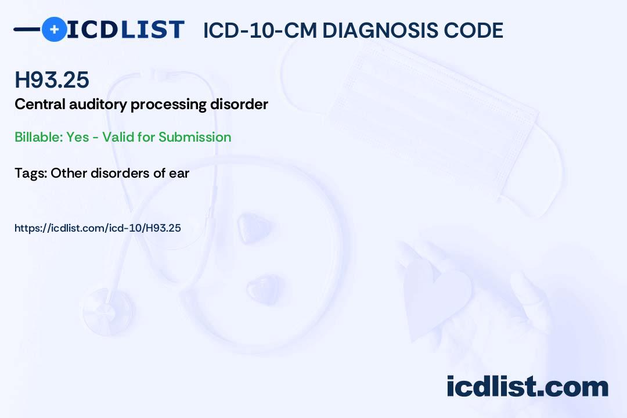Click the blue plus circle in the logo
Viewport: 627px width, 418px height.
pos(54,29)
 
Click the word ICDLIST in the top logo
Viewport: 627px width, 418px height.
pos(125,29)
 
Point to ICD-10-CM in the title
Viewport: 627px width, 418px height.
pos(260,30)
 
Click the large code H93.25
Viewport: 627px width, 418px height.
pos(52,80)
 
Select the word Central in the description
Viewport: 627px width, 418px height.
pos(40,104)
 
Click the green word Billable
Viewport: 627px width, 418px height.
pos(39,137)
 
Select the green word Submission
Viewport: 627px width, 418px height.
pos(194,137)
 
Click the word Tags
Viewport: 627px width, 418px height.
pos(31,173)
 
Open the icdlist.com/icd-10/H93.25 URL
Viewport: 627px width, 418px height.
pos(98,228)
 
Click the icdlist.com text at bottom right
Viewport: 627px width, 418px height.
pos(527,387)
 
